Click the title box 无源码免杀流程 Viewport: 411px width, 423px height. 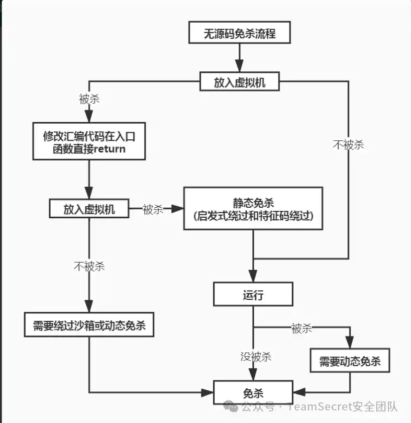[x=239, y=34]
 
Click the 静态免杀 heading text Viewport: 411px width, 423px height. [x=253, y=203]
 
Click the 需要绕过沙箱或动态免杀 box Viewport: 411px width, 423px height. [x=89, y=325]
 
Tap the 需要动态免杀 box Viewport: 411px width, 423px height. [x=350, y=361]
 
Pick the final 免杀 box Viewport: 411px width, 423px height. [x=253, y=393]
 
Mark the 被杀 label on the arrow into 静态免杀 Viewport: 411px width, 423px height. [x=153, y=209]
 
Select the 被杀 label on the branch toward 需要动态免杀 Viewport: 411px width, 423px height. [x=301, y=328]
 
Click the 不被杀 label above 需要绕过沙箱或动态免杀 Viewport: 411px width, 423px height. [x=89, y=266]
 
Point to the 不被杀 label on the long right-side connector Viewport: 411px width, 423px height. [x=348, y=145]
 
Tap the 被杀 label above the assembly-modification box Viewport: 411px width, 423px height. [x=89, y=99]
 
